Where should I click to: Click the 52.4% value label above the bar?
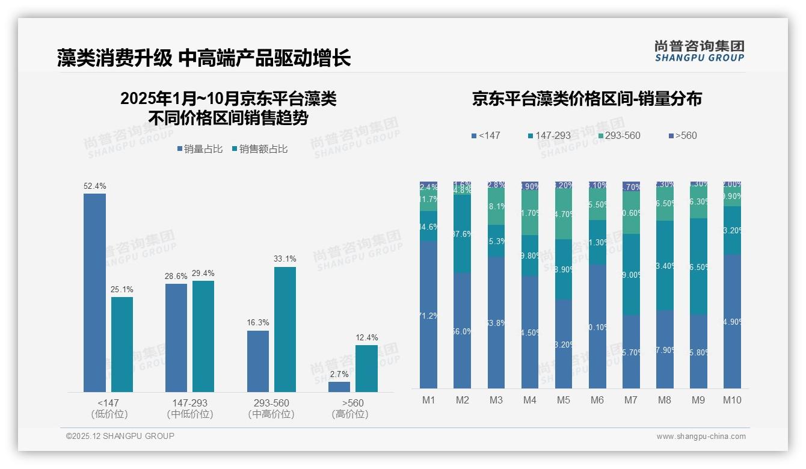click(94, 186)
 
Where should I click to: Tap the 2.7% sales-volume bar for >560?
click(339, 387)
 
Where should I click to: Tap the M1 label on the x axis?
click(428, 400)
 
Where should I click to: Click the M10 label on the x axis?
click(732, 400)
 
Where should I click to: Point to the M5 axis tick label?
click(563, 400)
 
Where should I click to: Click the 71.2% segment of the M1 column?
click(428, 315)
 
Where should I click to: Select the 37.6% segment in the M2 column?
click(462, 234)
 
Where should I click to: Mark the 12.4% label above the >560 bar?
click(367, 338)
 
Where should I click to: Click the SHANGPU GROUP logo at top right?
click(699, 51)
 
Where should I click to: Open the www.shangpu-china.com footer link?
click(701, 437)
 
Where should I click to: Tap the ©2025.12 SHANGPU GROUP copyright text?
click(120, 437)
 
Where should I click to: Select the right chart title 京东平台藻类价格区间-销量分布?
click(586, 99)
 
